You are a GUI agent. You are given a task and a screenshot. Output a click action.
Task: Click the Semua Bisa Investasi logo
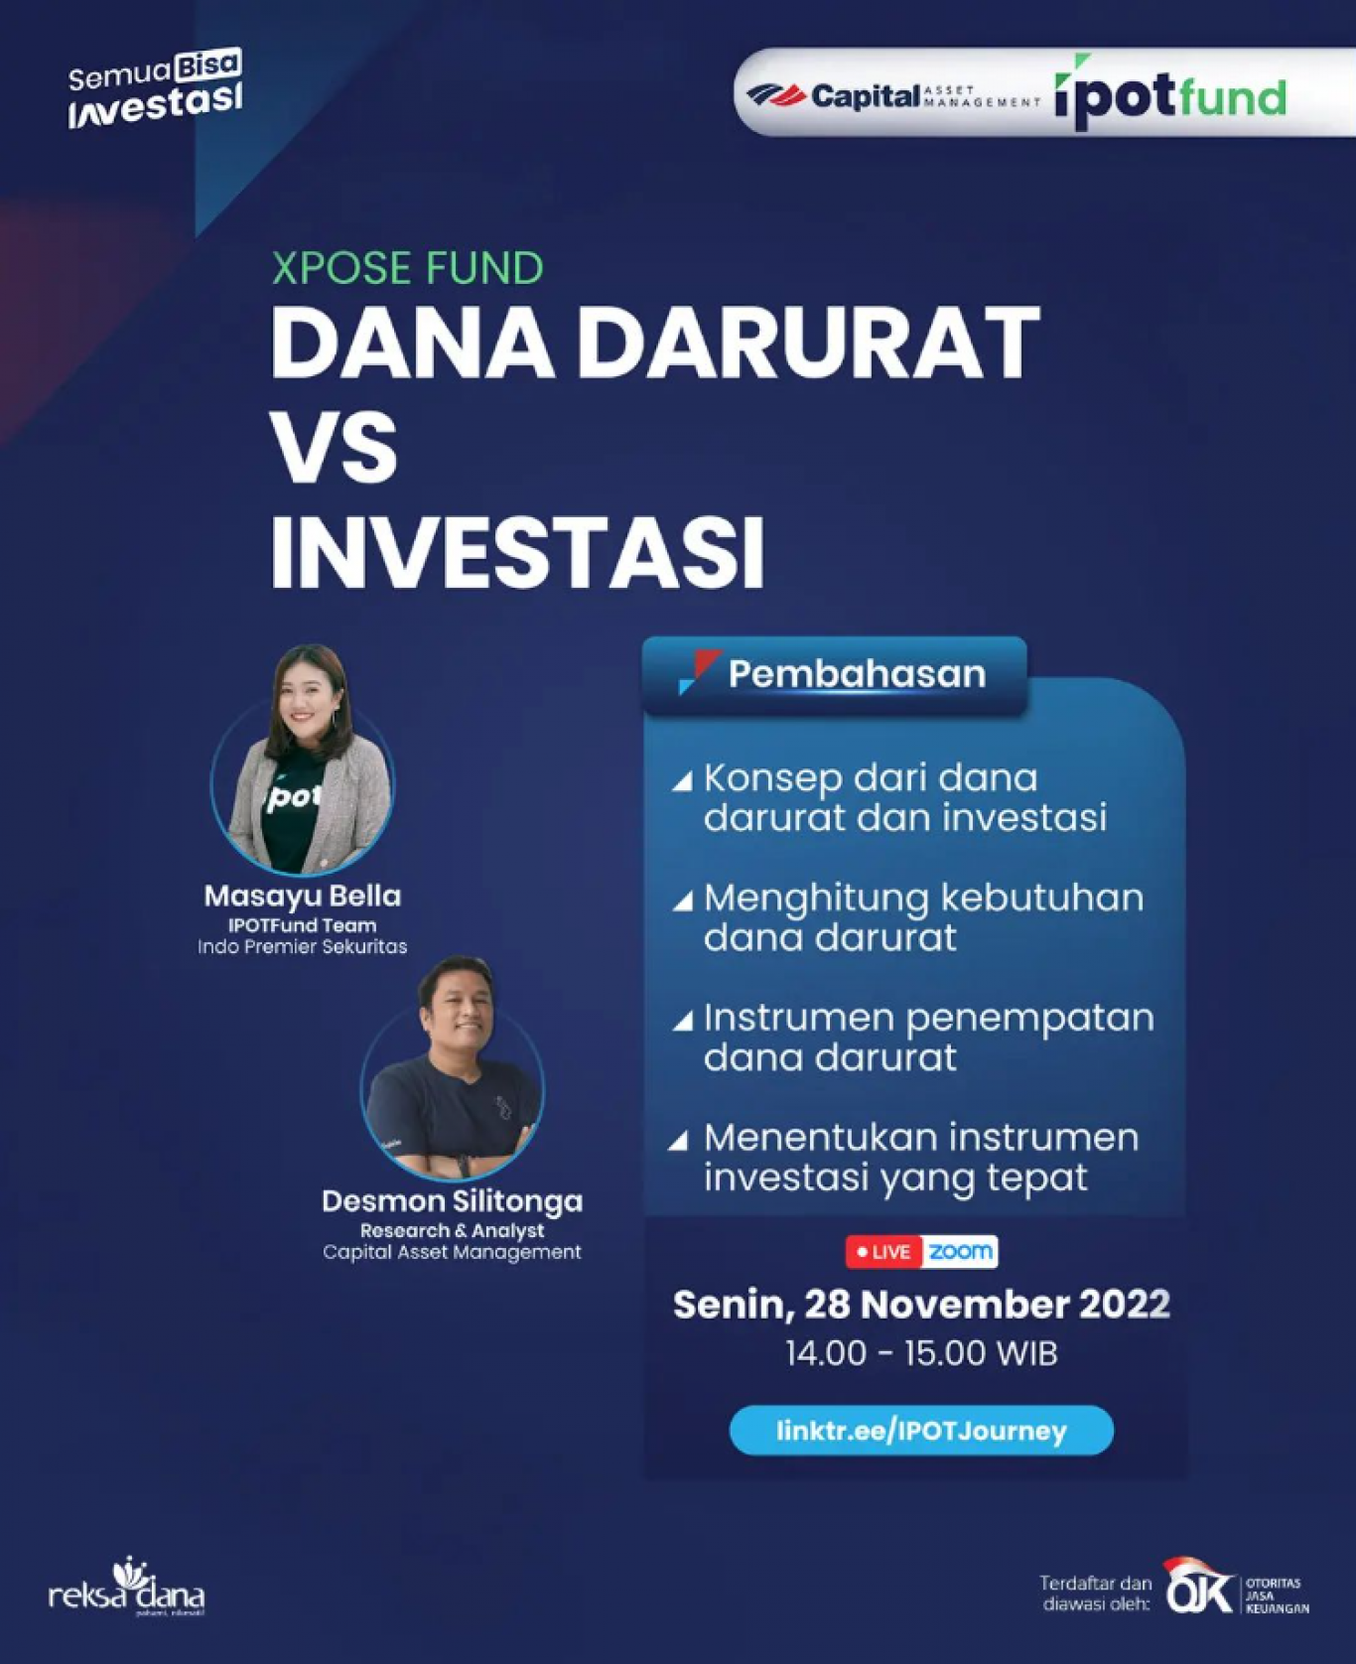(155, 89)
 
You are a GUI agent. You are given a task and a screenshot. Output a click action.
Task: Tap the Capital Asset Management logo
(893, 95)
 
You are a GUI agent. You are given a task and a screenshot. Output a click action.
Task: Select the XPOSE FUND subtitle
(408, 268)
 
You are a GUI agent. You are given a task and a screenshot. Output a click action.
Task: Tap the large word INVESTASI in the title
(517, 552)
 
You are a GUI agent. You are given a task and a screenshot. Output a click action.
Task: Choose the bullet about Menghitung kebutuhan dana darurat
(908, 916)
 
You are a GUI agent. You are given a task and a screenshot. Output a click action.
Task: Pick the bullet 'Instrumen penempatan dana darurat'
(913, 1037)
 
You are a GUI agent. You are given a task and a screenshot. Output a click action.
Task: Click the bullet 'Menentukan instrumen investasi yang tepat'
(905, 1157)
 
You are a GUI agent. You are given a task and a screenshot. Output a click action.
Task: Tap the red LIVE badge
(883, 1252)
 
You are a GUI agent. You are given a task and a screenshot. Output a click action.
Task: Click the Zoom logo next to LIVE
(960, 1252)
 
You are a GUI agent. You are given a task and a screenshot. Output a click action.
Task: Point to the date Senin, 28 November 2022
(921, 1305)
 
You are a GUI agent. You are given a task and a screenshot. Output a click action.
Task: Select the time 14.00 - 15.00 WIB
(921, 1353)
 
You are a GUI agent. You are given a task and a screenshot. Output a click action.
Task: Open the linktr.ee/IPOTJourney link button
(921, 1431)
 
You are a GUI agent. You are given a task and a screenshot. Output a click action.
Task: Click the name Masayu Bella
(303, 896)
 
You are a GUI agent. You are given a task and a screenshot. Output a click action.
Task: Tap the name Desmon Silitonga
(453, 1201)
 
